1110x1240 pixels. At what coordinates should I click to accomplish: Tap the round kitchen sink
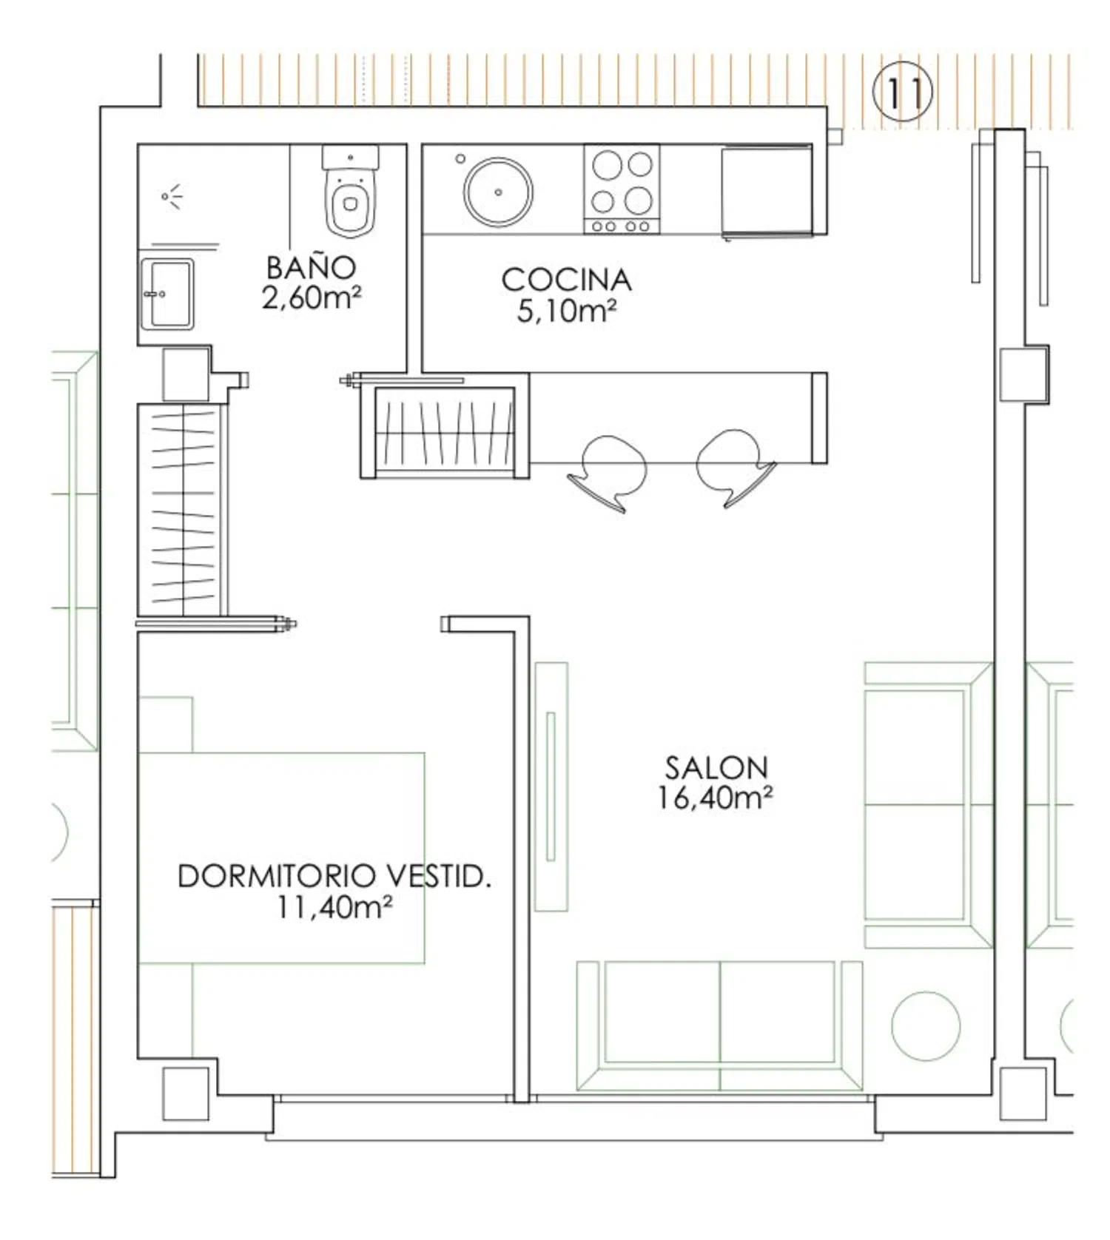(497, 192)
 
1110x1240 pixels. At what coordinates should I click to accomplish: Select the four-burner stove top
(622, 189)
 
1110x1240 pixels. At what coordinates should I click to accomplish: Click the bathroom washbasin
(167, 294)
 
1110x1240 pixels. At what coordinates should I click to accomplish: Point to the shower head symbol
(172, 196)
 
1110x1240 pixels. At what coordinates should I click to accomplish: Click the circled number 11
(903, 92)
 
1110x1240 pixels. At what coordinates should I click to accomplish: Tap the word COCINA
(567, 280)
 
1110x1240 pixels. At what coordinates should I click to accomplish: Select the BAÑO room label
(311, 267)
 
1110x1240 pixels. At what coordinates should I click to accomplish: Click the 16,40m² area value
(716, 798)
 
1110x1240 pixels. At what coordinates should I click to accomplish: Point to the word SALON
(716, 767)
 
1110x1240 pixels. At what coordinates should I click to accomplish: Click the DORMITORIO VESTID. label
(334, 876)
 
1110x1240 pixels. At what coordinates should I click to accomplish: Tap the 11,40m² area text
(334, 906)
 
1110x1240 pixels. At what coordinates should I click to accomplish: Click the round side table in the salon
(926, 1025)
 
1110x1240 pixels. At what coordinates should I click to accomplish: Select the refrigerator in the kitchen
(767, 191)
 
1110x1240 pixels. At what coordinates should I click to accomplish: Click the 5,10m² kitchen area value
(567, 311)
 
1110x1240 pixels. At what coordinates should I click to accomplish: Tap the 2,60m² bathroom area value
(311, 297)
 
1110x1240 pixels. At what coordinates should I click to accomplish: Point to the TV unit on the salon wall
(551, 786)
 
